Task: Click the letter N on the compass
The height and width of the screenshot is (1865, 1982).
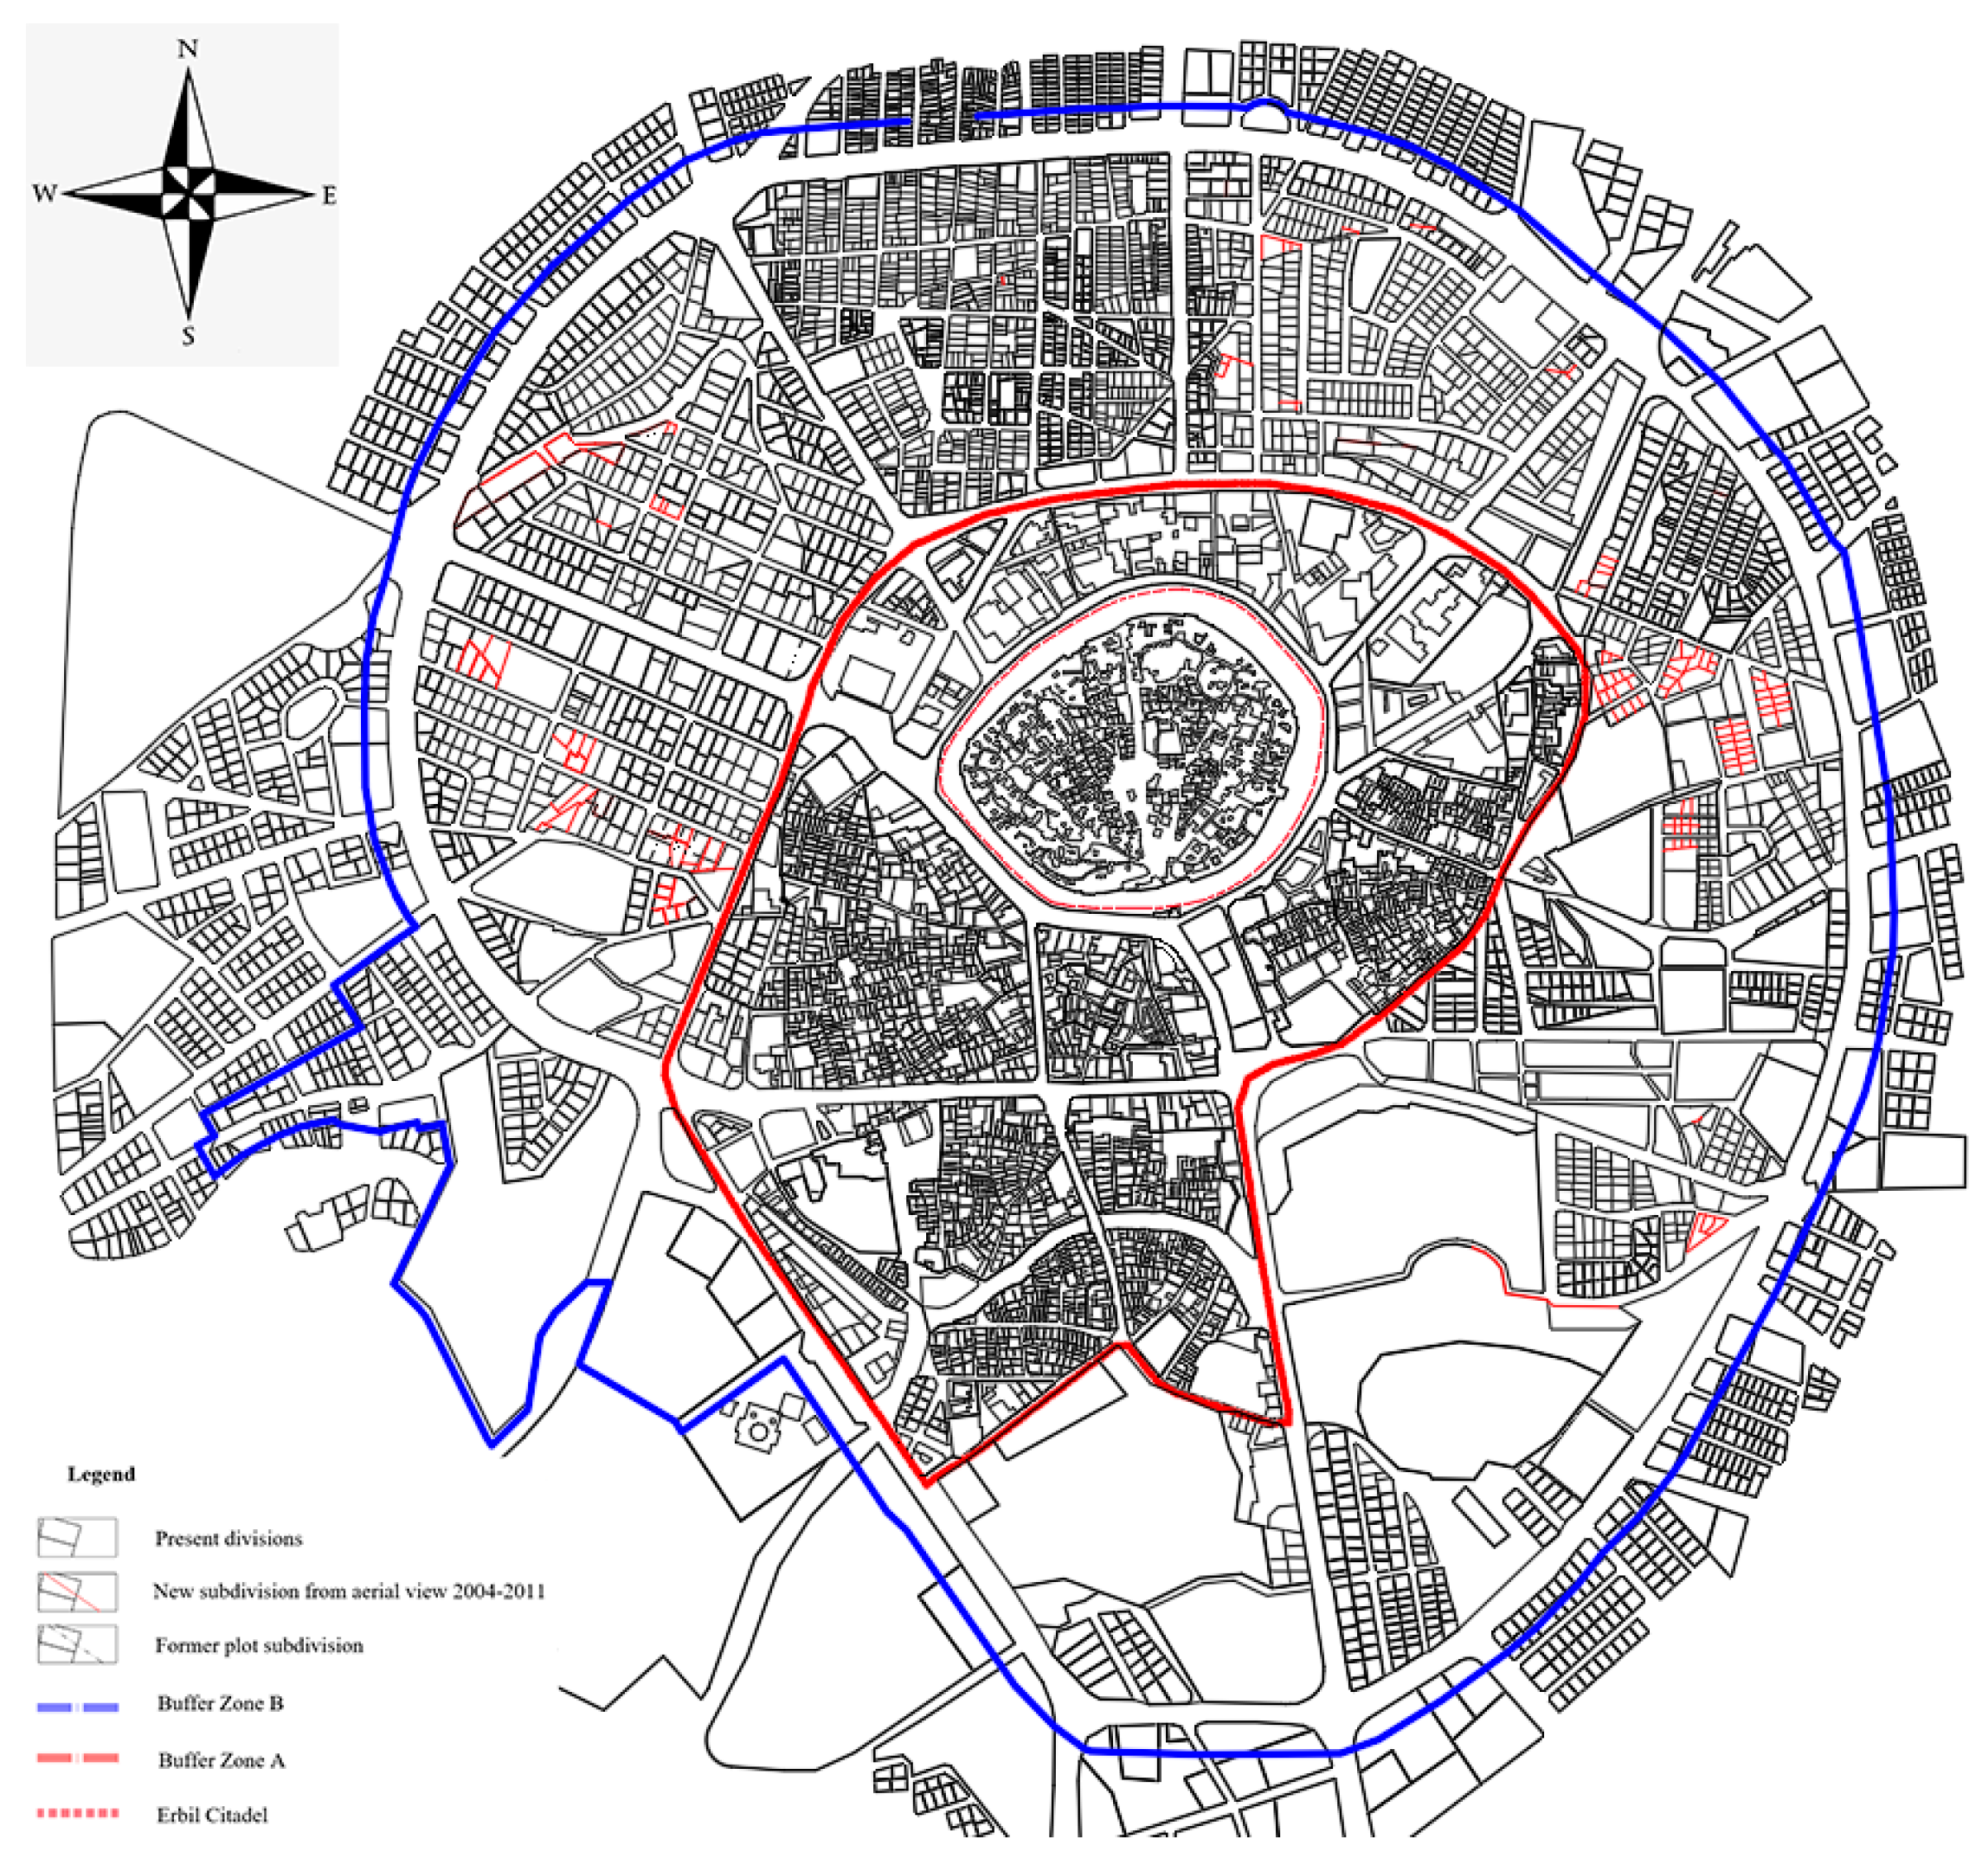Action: pos(188,48)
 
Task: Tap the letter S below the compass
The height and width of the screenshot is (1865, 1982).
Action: pos(188,337)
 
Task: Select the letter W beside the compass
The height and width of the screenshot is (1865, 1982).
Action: pos(44,193)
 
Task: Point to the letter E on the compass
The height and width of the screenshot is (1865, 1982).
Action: pos(329,196)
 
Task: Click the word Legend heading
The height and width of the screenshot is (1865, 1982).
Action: pos(100,1474)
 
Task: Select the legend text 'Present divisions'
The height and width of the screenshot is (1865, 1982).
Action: pos(228,1538)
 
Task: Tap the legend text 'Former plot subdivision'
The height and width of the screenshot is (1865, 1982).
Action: pos(258,1644)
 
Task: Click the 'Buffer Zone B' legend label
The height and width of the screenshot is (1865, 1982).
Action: pos(221,1702)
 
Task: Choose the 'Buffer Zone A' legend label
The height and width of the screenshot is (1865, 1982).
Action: pos(222,1760)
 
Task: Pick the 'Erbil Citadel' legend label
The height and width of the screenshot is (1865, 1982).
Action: pos(212,1815)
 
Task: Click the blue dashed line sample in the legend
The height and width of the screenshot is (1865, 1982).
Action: pos(78,1707)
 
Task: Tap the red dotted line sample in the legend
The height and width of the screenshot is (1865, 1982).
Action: pos(78,1813)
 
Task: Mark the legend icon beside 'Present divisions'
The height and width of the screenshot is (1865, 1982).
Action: pos(77,1537)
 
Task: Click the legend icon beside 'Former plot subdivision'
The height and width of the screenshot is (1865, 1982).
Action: pos(77,1644)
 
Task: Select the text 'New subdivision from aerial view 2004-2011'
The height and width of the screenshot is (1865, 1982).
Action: pos(349,1591)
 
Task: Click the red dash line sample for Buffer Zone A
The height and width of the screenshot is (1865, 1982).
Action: pos(78,1759)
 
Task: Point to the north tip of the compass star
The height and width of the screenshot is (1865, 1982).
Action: pos(189,72)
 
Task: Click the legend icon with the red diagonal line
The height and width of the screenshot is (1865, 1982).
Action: pos(77,1592)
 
